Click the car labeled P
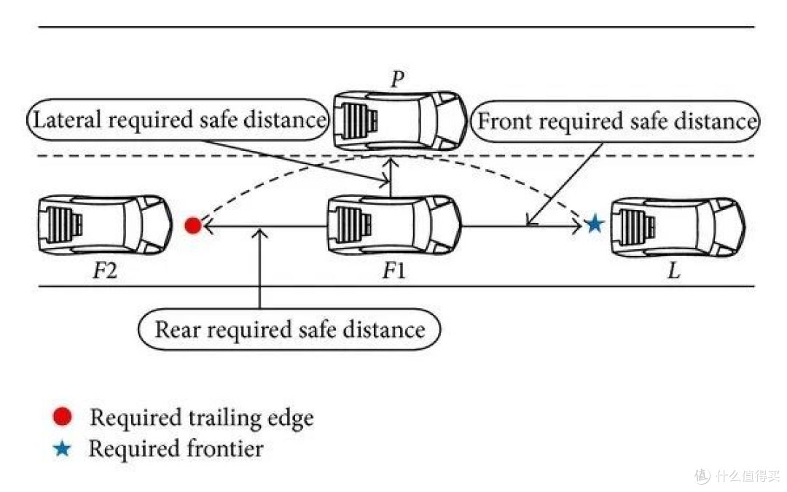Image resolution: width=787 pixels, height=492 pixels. click(401, 120)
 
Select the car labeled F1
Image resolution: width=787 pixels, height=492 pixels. click(394, 225)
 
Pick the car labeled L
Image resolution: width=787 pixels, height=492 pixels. click(678, 227)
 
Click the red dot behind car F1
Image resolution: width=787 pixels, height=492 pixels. click(192, 225)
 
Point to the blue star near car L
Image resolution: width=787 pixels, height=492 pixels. click(595, 224)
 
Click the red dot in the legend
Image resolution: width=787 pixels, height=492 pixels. click(62, 417)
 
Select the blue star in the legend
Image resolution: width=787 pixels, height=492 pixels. click(62, 448)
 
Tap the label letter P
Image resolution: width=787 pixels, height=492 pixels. click(398, 79)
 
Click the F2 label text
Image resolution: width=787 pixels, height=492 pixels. click(105, 271)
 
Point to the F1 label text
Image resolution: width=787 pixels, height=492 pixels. click(394, 271)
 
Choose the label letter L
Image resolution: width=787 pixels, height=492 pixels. click(674, 272)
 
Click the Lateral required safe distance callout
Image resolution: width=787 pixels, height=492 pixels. click(178, 120)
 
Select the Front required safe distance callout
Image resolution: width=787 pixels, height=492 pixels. click(615, 122)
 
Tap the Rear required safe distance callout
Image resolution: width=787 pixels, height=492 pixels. click(289, 330)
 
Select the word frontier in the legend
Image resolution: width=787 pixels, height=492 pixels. click(225, 448)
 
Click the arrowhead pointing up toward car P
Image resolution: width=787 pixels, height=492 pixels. click(391, 163)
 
